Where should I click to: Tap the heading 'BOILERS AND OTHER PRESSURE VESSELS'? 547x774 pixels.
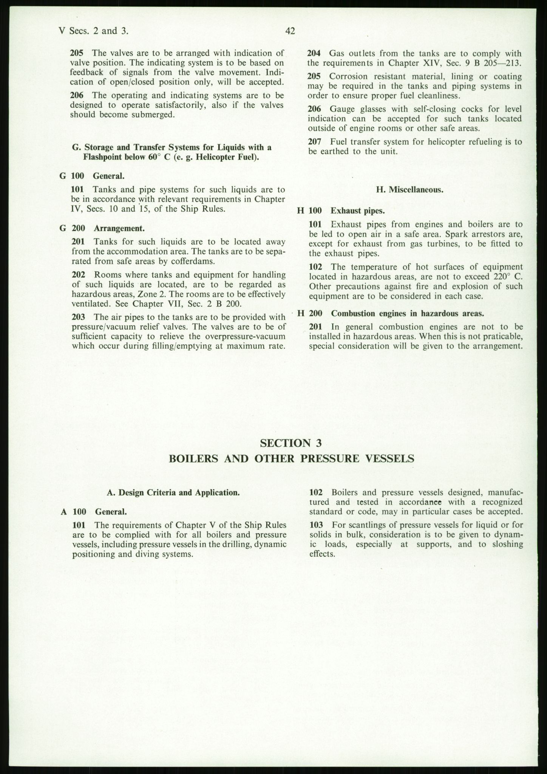[291, 458]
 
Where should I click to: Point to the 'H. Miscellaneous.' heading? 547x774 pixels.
[409, 190]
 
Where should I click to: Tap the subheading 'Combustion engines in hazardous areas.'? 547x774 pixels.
[408, 313]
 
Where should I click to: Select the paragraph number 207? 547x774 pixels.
[315, 142]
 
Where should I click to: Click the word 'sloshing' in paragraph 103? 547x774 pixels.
[508, 544]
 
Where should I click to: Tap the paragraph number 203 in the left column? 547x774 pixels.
[77, 317]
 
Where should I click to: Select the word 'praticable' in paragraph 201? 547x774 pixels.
[504, 336]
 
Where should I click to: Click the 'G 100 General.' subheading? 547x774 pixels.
[92, 176]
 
